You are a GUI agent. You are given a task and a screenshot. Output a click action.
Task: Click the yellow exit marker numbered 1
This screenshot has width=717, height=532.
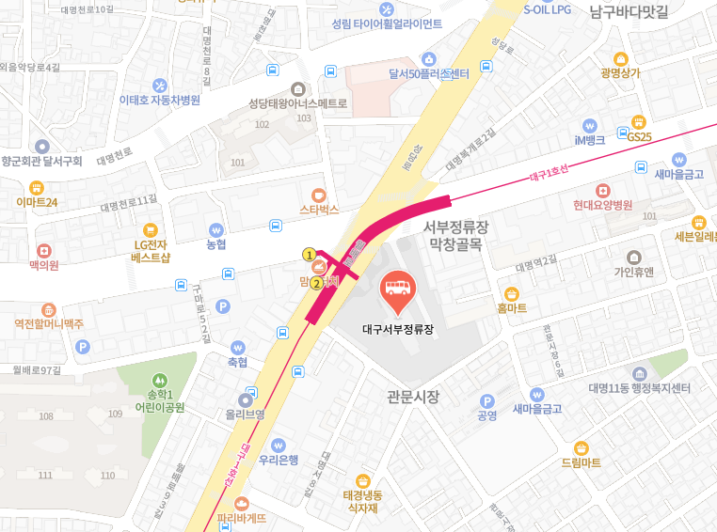coord(308,254)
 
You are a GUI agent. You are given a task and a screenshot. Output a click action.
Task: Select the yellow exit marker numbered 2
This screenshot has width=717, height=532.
coord(317,282)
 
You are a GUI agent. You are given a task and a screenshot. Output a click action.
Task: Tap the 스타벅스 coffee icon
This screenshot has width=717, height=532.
coord(319,193)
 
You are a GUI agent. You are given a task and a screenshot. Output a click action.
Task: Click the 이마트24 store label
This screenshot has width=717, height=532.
coord(38,202)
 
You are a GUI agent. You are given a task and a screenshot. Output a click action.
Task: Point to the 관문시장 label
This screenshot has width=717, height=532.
coord(413,396)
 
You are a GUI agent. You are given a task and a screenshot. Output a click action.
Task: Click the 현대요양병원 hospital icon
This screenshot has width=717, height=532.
coord(602,190)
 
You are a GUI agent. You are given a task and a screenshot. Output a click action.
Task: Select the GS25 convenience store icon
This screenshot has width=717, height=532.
coord(639,121)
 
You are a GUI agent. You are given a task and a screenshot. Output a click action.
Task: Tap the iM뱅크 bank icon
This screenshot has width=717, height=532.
coord(590,124)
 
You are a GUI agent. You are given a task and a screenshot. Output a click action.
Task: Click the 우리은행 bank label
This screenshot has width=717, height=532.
coord(279,460)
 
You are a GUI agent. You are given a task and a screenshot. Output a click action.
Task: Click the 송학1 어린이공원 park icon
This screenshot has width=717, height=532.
coord(160,380)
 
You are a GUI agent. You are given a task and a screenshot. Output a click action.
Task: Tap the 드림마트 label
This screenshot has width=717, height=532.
coord(581,462)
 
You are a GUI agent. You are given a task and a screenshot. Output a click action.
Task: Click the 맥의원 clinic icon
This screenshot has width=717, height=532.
coord(43,251)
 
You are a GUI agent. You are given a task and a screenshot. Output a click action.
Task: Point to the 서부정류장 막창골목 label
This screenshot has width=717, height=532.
coord(455,236)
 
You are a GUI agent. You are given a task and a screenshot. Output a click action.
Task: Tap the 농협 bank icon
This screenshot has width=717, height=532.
coord(216,229)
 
